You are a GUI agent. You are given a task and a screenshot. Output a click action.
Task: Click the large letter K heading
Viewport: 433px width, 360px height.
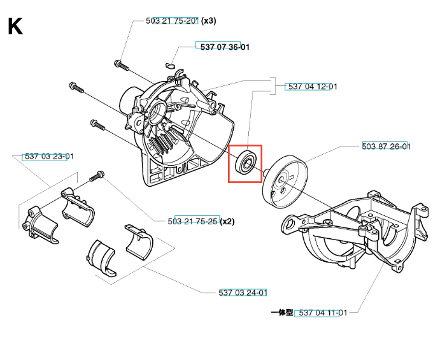15,26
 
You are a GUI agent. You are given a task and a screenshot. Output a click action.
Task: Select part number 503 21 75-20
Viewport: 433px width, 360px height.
173,21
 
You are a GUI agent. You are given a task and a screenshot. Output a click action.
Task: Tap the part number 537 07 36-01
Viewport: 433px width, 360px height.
225,47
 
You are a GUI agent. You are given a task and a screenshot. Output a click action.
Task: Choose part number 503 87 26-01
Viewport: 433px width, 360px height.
386,146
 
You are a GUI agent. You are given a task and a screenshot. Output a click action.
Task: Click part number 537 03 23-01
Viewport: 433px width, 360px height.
49,156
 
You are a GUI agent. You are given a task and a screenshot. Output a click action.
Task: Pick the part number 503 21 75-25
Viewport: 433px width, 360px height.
192,221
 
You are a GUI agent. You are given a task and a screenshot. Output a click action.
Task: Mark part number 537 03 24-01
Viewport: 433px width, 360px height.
243,292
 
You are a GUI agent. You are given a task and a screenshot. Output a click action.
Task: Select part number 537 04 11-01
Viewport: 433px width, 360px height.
323,313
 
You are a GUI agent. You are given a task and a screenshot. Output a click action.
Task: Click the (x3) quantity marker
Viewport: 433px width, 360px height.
209,21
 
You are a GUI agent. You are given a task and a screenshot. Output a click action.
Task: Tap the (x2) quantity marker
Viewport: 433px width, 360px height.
227,221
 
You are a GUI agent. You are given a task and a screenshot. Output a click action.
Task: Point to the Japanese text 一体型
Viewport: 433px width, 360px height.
281,312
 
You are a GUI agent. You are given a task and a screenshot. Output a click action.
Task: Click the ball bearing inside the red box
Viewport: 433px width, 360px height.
246,162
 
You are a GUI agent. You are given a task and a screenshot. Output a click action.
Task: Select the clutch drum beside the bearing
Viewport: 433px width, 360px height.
285,180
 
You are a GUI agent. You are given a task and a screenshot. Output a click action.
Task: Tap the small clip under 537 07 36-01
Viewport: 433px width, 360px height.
171,66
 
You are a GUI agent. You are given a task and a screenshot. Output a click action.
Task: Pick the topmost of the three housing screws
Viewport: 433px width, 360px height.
122,65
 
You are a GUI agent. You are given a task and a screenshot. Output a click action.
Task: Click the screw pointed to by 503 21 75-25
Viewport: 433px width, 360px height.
97,176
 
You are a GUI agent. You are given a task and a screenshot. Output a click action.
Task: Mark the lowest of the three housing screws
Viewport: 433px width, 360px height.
98,125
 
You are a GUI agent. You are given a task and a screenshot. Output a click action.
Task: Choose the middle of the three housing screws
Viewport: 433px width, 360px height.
76,87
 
